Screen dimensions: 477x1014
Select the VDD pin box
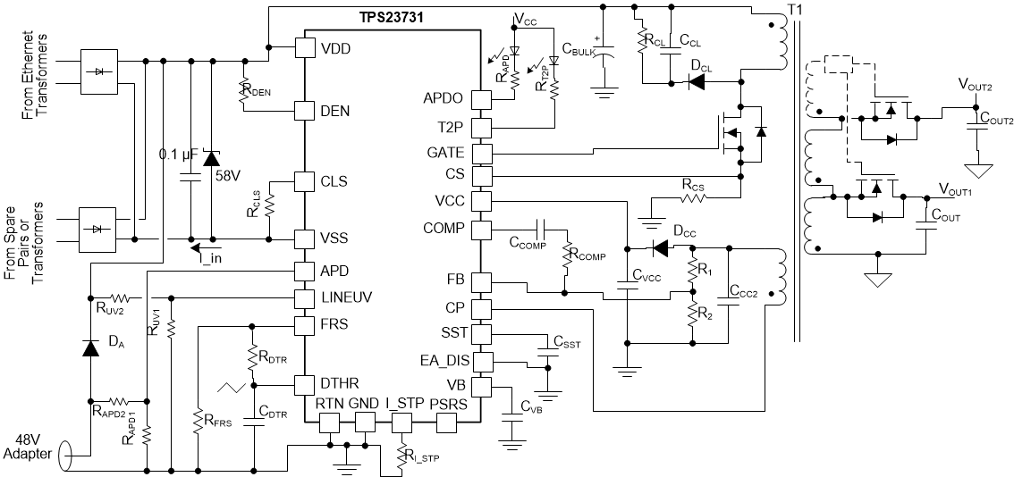point(305,47)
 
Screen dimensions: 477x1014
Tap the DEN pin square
point(305,111)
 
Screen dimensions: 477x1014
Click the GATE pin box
point(482,153)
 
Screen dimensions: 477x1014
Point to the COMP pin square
point(482,229)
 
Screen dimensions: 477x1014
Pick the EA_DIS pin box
point(482,362)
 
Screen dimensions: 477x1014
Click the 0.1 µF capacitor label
point(177,153)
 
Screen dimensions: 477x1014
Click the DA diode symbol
point(89,347)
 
